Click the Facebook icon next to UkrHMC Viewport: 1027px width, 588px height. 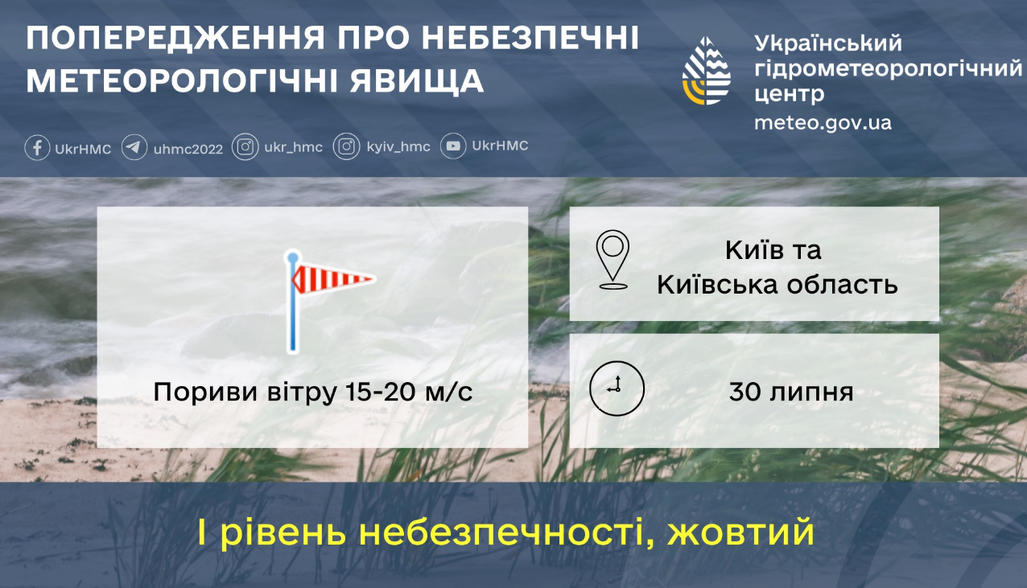[x=37, y=148]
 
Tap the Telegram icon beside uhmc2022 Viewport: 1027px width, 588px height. [x=134, y=148]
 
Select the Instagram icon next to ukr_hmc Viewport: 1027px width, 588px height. [x=245, y=147]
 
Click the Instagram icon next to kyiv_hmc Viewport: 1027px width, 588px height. [x=346, y=147]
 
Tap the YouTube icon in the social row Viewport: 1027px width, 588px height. [x=454, y=146]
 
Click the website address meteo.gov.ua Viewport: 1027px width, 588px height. [x=823, y=123]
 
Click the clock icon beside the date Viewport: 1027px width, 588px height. [x=617, y=388]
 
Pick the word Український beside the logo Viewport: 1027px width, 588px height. [x=829, y=43]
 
